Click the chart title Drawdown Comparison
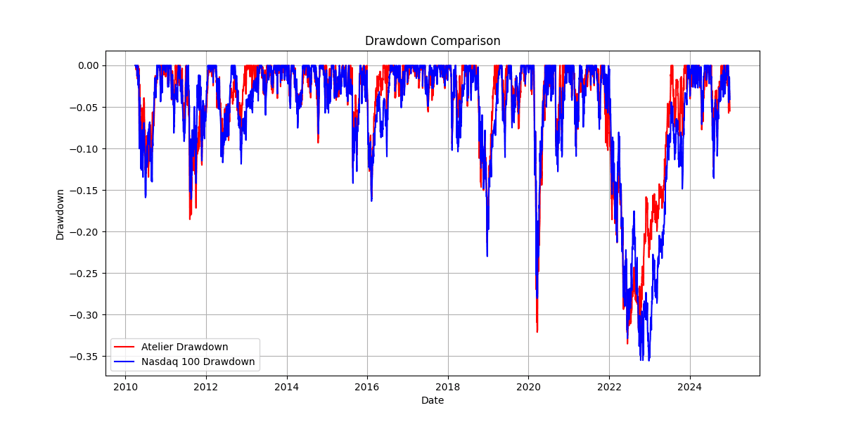click(x=433, y=41)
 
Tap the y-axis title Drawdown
click(x=60, y=215)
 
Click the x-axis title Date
click(x=433, y=400)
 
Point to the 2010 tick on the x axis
click(x=125, y=386)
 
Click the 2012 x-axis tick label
click(x=206, y=386)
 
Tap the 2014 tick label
click(x=286, y=386)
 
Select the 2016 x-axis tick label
click(x=367, y=386)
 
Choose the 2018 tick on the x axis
click(x=448, y=386)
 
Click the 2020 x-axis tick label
click(x=528, y=386)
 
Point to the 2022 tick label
click(x=609, y=386)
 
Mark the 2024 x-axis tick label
click(x=690, y=386)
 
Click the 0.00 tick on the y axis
click(x=89, y=65)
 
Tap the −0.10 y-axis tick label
click(x=86, y=148)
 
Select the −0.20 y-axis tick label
click(x=86, y=231)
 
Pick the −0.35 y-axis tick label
click(x=86, y=356)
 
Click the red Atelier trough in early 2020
click(x=537, y=331)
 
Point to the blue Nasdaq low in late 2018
click(x=487, y=255)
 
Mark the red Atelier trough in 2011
click(x=189, y=219)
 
